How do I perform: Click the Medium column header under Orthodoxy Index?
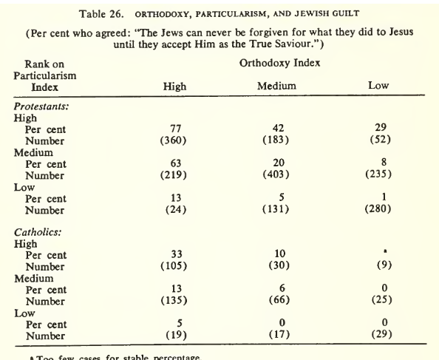point(276,86)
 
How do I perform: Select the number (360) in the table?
point(174,140)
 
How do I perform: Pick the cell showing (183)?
point(276,140)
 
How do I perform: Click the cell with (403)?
point(276,175)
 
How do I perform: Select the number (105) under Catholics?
point(174,267)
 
